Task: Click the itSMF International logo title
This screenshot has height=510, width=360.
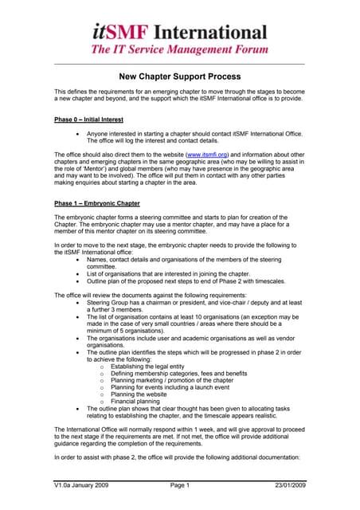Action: click(x=179, y=32)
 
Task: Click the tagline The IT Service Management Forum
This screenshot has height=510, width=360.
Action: click(x=179, y=50)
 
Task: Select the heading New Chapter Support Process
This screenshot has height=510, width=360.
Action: click(x=179, y=78)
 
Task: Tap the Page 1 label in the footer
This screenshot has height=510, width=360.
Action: click(x=179, y=485)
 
